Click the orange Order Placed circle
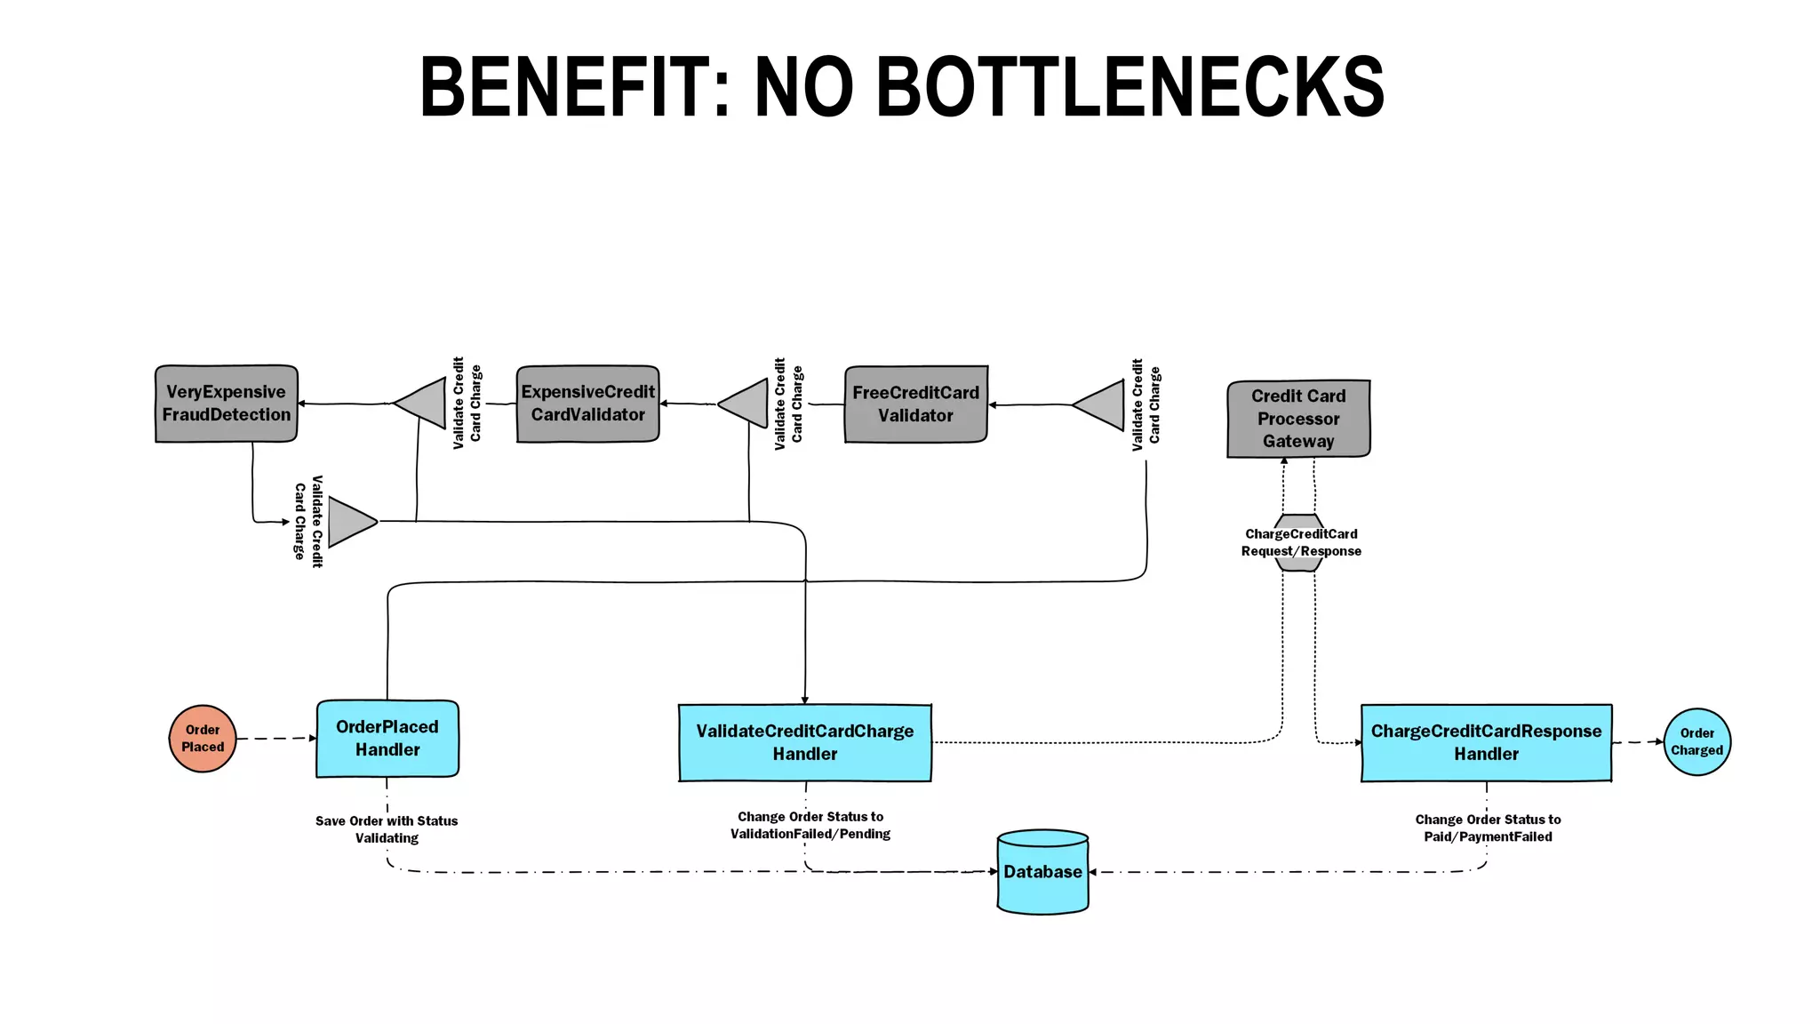coord(203,739)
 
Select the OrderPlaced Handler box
coord(387,739)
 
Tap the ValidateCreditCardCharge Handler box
coord(804,743)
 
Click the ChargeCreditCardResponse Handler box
coord(1486,743)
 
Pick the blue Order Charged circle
coord(1696,742)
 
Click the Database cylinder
coord(1042,872)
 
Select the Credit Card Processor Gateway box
coord(1298,419)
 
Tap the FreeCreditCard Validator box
coord(915,404)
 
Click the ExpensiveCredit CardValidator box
coord(587,404)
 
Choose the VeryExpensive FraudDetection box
coord(226,404)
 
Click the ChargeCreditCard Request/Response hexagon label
coord(1300,542)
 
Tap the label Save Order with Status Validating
coord(387,829)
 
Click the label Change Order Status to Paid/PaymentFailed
coord(1488,828)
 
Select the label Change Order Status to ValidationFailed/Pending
coord(810,825)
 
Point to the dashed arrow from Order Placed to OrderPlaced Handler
coord(275,739)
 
